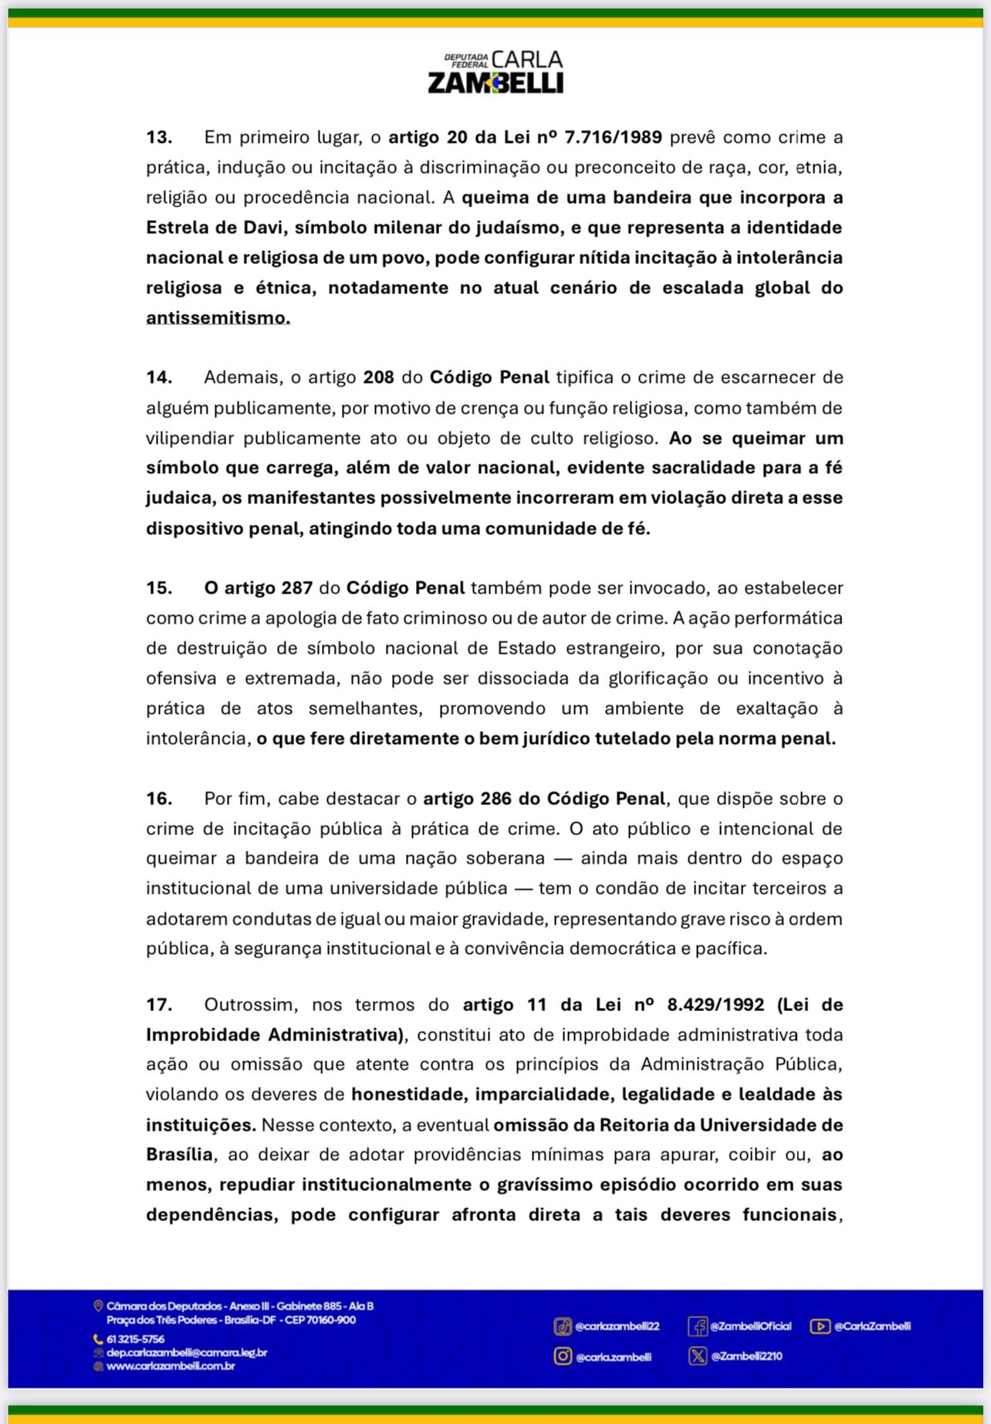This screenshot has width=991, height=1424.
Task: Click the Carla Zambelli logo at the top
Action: [495, 73]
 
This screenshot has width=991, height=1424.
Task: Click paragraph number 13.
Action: [159, 137]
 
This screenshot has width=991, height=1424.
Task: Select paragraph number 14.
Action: [159, 377]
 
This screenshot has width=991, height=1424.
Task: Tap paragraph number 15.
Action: [159, 588]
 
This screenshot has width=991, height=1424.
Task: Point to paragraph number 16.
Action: [159, 799]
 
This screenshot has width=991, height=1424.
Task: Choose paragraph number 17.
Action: [159, 1005]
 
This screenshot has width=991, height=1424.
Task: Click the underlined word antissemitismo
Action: [218, 318]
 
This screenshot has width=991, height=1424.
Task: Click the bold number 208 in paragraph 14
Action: [378, 377]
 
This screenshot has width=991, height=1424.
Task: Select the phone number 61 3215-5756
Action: [136, 1339]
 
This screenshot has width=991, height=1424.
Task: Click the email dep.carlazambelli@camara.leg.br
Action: [187, 1352]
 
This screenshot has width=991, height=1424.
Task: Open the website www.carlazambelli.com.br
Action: [171, 1365]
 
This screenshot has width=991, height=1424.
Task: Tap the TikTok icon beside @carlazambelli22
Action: [563, 1327]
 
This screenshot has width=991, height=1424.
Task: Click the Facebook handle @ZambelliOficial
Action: [750, 1326]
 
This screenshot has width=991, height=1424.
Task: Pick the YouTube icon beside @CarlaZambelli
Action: [820, 1326]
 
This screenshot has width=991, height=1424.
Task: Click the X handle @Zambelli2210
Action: [746, 1356]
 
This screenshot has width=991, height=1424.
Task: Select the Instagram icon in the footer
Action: [563, 1356]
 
